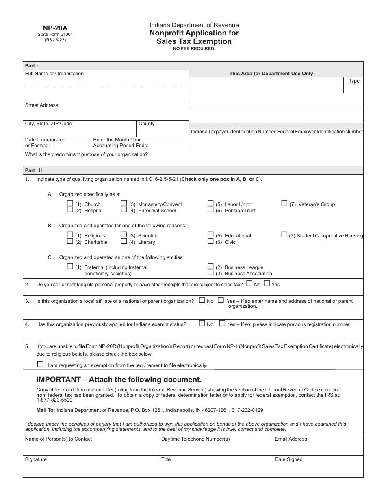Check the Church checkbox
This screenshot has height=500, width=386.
70,204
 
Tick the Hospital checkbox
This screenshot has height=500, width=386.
70,210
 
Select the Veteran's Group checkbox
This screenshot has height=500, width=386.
284,204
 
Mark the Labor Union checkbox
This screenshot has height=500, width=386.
210,204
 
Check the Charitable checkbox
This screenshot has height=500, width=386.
70,241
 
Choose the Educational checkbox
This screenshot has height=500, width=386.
210,235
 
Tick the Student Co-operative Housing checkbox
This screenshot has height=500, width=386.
284,235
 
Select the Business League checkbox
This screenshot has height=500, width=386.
210,267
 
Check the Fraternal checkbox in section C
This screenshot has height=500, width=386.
70,267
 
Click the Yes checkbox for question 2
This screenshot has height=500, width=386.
267,284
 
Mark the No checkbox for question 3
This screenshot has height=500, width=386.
202,300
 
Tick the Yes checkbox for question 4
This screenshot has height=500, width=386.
222,324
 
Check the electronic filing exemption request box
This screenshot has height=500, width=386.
40,364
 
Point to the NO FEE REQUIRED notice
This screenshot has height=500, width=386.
194,48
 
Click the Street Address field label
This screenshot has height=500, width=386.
41,105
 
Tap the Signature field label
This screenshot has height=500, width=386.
36,459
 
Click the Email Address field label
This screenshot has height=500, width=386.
291,439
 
